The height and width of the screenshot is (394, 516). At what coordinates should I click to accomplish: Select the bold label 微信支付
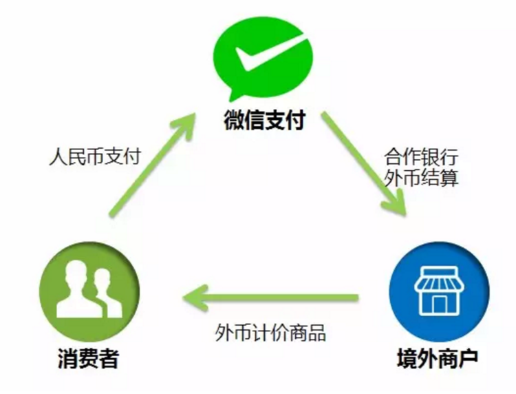click(x=265, y=120)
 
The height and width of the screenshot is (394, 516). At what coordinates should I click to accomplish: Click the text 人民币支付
click(x=95, y=156)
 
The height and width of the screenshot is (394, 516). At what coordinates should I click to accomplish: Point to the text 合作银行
click(x=421, y=156)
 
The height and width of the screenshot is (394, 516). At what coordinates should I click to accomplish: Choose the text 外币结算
click(x=421, y=178)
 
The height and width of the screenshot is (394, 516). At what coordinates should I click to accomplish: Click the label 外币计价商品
click(x=270, y=333)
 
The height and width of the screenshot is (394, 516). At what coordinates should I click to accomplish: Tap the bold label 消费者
click(x=88, y=358)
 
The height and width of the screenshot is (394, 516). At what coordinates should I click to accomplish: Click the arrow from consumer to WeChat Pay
click(x=152, y=165)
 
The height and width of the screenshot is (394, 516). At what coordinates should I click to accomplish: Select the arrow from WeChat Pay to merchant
click(x=364, y=164)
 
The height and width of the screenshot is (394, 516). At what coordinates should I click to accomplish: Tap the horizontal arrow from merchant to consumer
click(x=270, y=298)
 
